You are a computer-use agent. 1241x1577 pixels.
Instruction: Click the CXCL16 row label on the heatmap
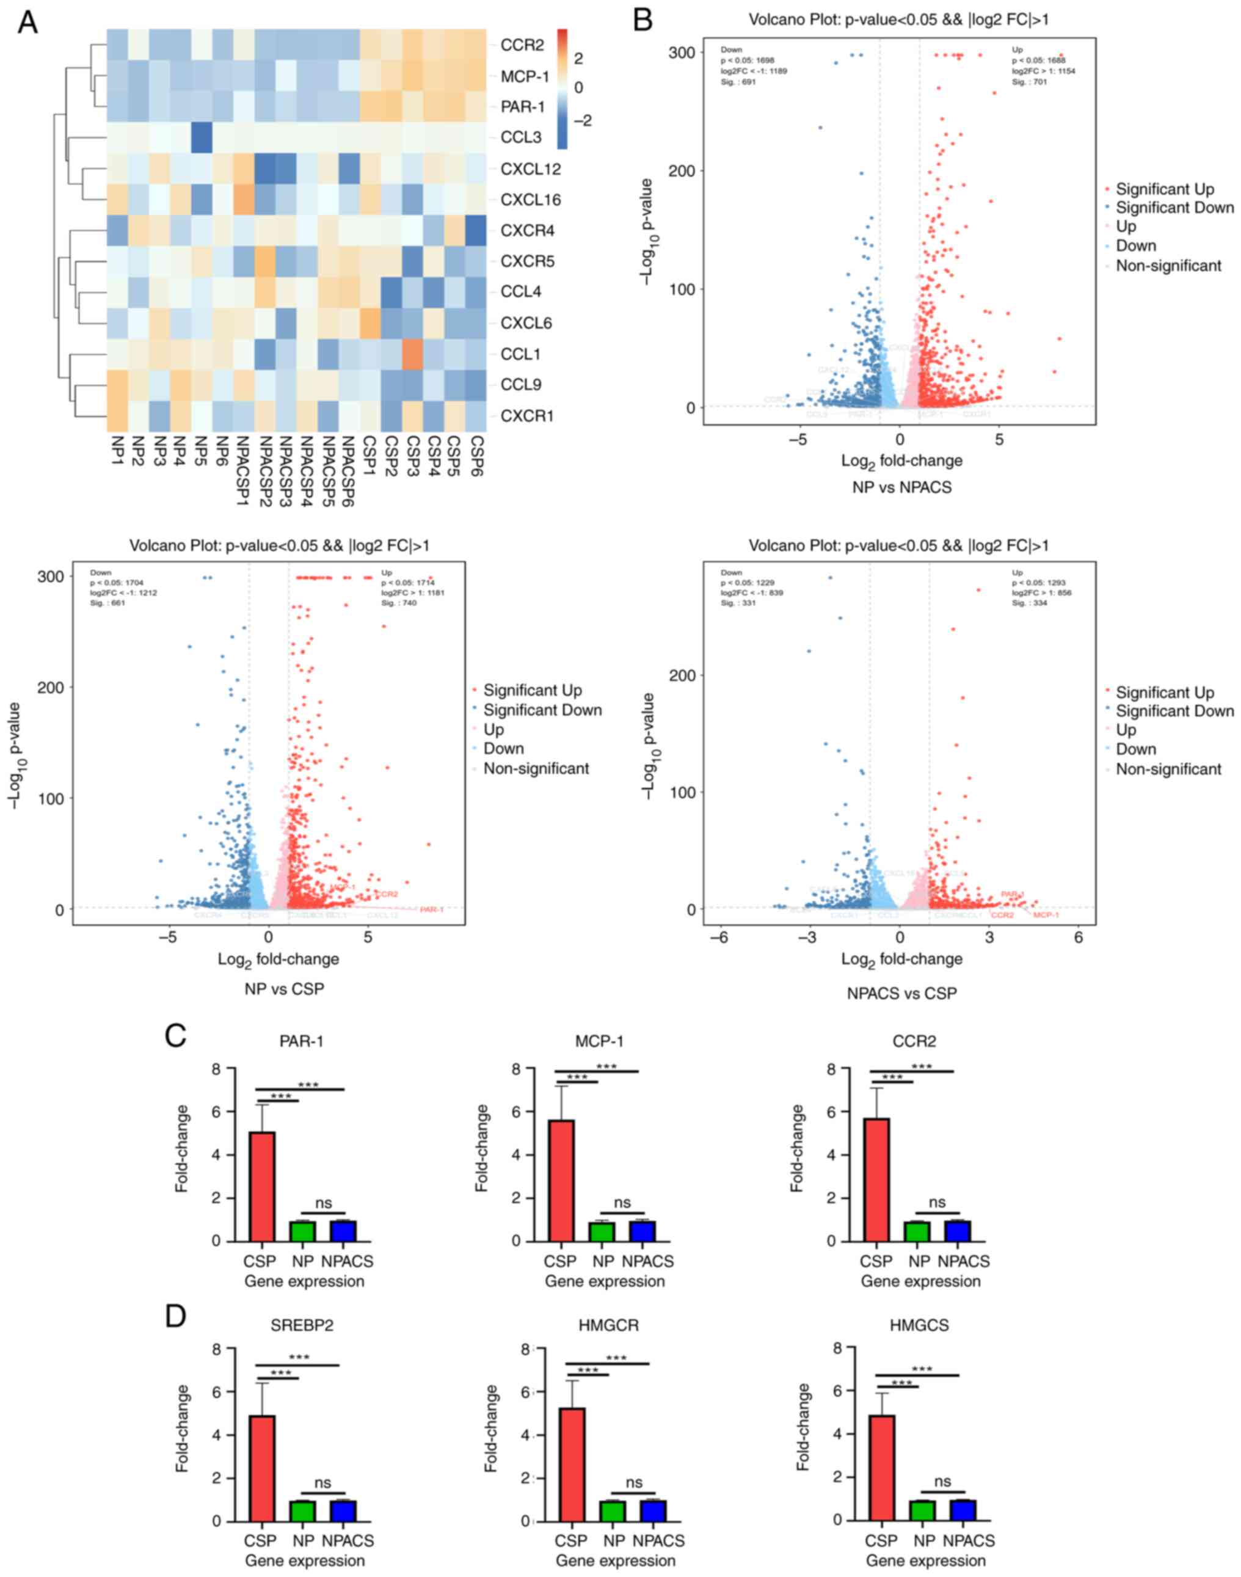tap(530, 200)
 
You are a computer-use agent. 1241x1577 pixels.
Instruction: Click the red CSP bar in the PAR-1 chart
tap(262, 1185)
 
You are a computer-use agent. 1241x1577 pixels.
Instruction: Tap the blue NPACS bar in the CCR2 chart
tap(957, 1229)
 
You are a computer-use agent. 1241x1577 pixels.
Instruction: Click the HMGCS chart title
tap(919, 1325)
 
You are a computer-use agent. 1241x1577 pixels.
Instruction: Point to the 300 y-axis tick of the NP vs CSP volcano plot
tap(51, 575)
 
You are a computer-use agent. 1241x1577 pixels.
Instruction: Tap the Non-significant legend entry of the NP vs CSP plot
tap(536, 768)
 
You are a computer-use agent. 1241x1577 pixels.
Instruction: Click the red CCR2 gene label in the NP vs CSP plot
tap(387, 894)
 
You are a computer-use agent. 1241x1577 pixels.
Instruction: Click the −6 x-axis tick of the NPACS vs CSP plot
tap(719, 938)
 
